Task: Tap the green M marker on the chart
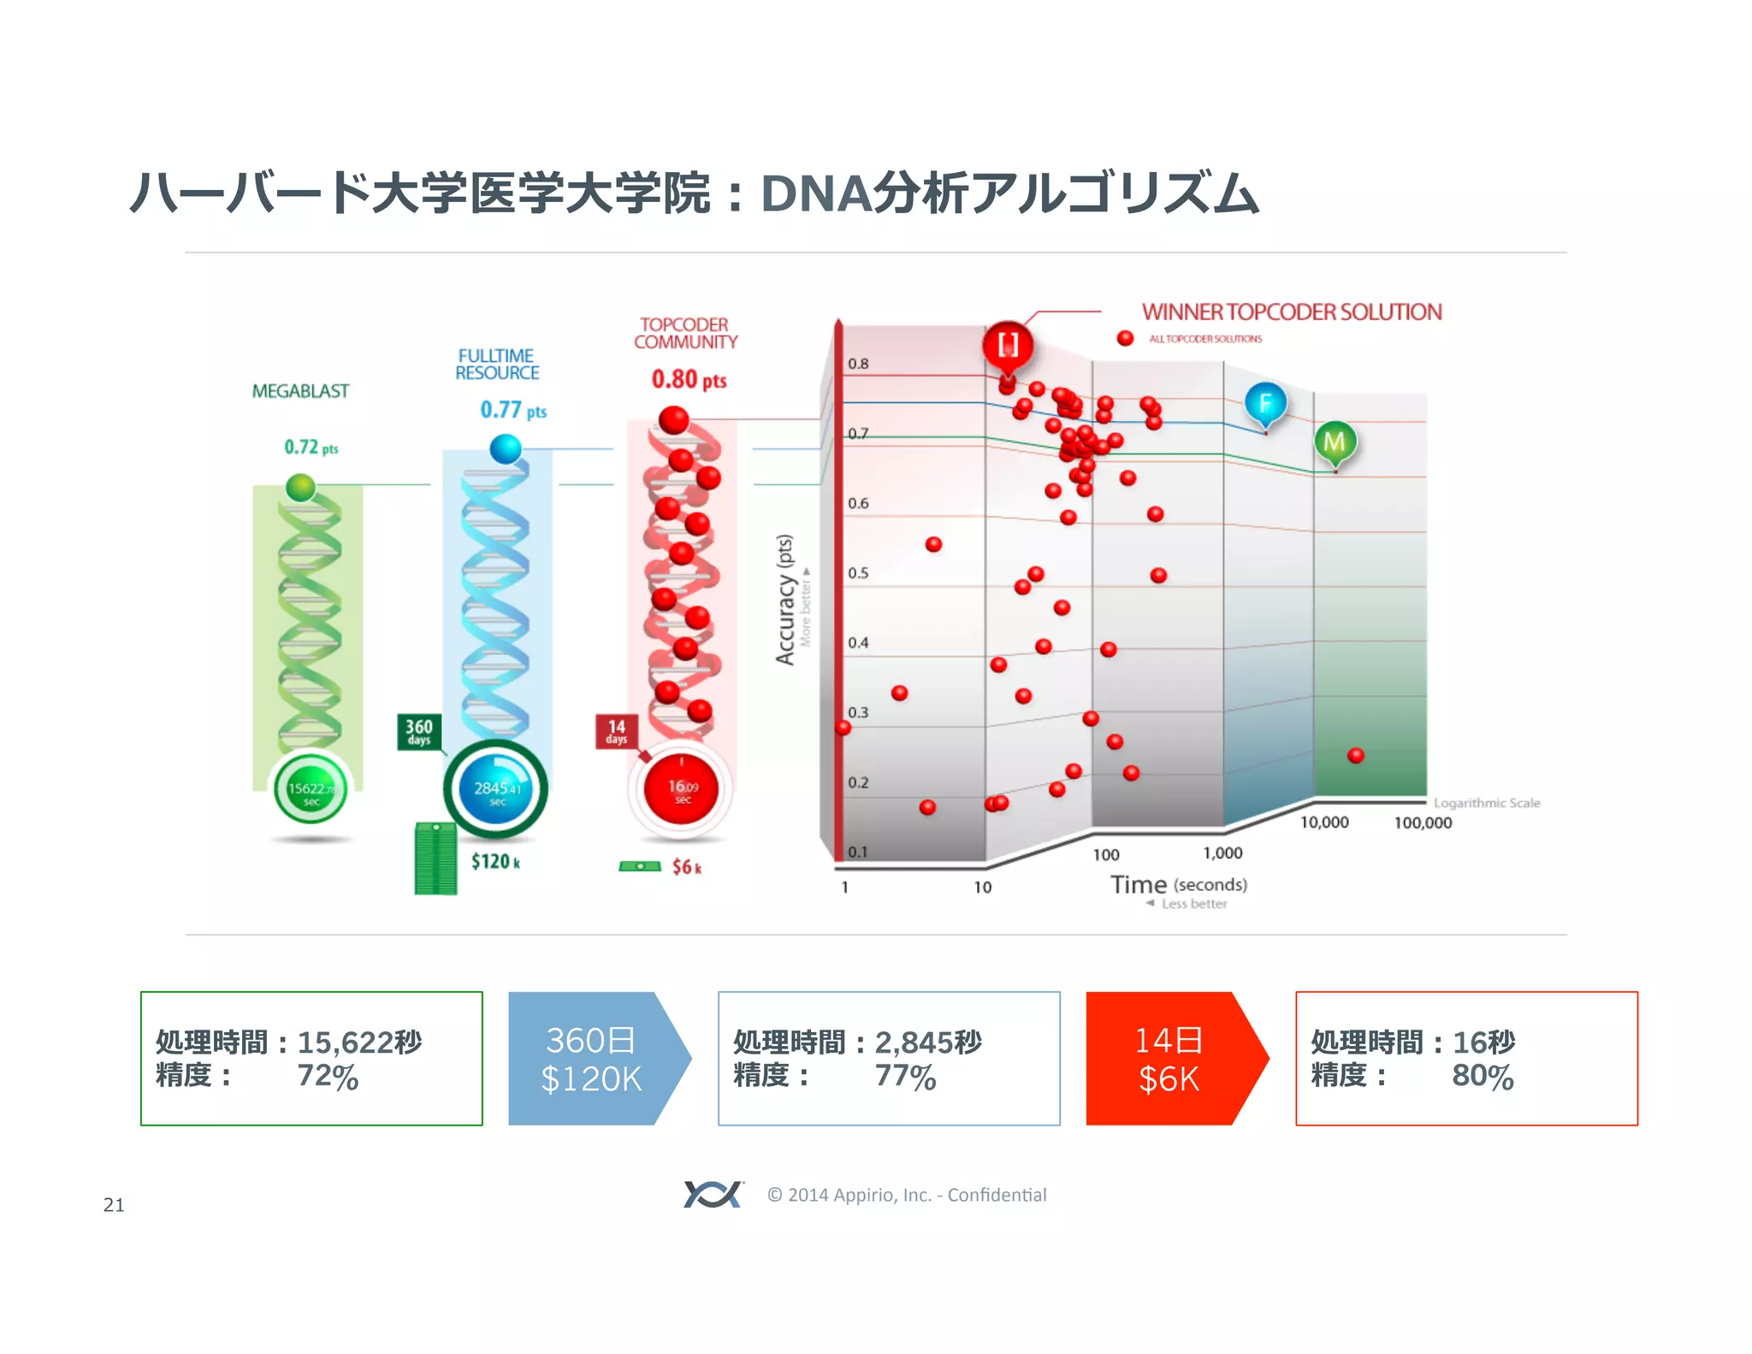point(1334,442)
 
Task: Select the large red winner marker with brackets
point(1008,345)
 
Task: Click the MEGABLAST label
point(300,391)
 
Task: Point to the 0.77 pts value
point(512,410)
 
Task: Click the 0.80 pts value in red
point(689,379)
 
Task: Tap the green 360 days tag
point(418,732)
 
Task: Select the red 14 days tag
point(616,732)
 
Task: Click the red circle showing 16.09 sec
point(681,789)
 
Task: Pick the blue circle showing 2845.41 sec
point(496,790)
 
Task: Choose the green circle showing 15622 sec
point(311,790)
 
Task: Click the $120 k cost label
point(495,861)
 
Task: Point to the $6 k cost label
point(686,867)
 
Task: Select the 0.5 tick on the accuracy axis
point(858,573)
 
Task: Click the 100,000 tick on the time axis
point(1423,822)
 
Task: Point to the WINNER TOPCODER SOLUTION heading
point(1291,312)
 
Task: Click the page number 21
point(114,1205)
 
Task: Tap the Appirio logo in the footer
point(713,1194)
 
